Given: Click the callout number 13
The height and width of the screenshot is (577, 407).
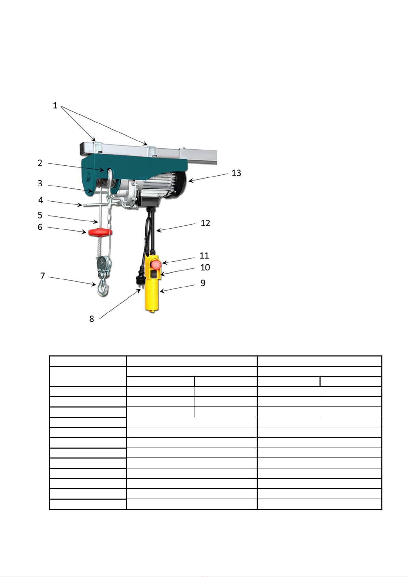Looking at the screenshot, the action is [236, 173].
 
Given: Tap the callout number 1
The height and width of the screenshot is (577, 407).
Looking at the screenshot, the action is [55, 105].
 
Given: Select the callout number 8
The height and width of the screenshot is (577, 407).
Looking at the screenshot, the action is [92, 319].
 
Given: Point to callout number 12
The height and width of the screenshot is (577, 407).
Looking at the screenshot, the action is [205, 223].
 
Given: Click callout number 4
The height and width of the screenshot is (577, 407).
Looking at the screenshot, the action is [41, 200].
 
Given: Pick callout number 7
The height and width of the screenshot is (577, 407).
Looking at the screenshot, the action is [43, 276].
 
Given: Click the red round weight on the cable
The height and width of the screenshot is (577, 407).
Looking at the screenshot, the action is [100, 232].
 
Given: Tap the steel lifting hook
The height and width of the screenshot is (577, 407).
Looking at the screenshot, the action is [103, 288].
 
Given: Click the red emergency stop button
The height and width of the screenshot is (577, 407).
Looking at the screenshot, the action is [156, 264].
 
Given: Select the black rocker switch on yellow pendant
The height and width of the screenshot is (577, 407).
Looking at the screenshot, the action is [154, 274].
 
